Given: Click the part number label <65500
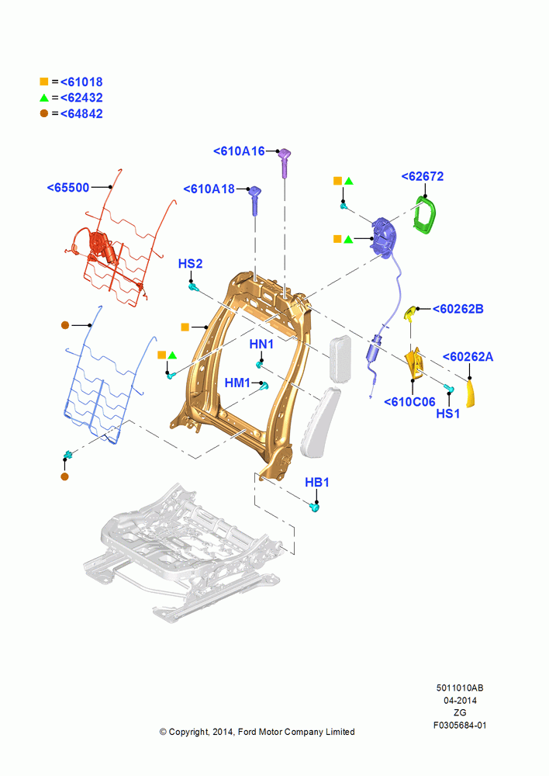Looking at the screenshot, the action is pyautogui.click(x=68, y=188).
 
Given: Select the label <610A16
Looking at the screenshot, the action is pyautogui.click(x=239, y=151).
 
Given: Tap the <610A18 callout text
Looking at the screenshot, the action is pyautogui.click(x=209, y=189).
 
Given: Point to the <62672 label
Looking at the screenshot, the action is pyautogui.click(x=423, y=177).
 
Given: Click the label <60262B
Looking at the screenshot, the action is pyautogui.click(x=458, y=310).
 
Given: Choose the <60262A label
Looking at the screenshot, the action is pyautogui.click(x=468, y=357).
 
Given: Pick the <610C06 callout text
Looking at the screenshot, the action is pyautogui.click(x=409, y=402).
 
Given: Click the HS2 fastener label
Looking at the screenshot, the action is pyautogui.click(x=191, y=264).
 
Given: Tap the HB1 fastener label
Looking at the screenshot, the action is pyautogui.click(x=316, y=483).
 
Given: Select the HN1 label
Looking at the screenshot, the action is pyautogui.click(x=261, y=344).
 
